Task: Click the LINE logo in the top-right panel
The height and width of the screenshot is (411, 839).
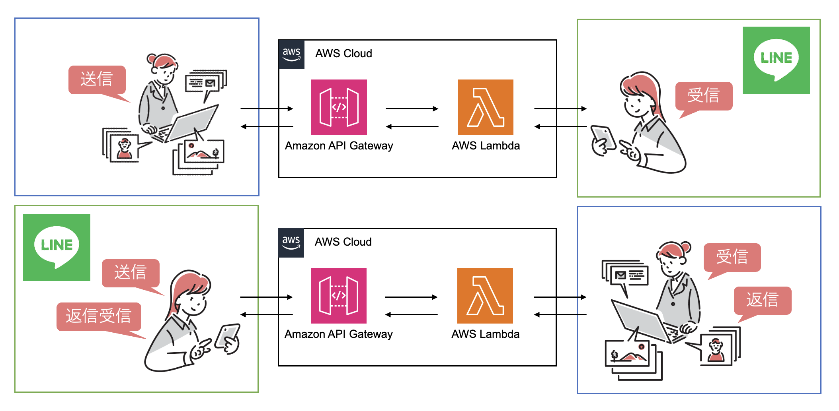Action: click(x=776, y=60)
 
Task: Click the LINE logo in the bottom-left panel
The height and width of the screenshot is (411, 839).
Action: click(x=57, y=247)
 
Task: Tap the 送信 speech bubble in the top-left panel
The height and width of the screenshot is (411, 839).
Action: click(x=97, y=79)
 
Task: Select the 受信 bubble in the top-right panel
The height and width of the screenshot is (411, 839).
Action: click(x=704, y=96)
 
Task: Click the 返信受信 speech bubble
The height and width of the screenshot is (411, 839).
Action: click(x=99, y=316)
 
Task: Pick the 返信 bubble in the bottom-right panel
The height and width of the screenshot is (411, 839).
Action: click(x=762, y=300)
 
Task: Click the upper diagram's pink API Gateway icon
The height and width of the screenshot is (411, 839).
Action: click(x=339, y=107)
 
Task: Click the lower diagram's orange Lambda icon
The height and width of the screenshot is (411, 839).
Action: click(x=485, y=296)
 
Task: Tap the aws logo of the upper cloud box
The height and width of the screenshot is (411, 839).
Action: click(x=291, y=54)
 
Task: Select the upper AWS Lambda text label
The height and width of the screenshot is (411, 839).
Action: click(x=486, y=146)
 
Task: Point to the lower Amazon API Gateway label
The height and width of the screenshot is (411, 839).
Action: click(x=338, y=334)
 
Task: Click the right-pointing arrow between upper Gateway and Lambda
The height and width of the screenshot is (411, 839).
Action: click(x=412, y=109)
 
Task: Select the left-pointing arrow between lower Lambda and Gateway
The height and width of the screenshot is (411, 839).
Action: click(x=412, y=315)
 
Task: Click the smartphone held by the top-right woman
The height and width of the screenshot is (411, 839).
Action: click(x=603, y=137)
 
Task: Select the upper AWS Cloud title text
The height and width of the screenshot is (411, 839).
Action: click(x=343, y=54)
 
